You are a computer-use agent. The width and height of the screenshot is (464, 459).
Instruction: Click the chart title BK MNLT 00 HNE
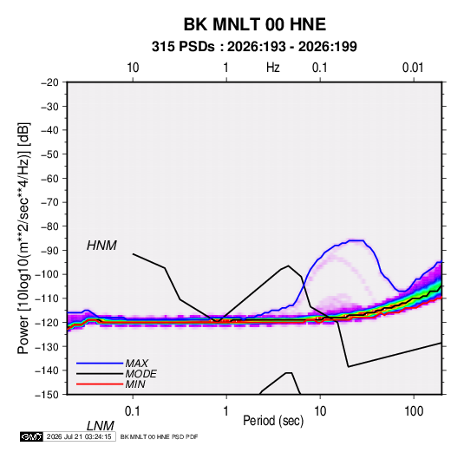(255, 24)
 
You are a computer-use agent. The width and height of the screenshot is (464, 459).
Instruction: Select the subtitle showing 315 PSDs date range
(254, 47)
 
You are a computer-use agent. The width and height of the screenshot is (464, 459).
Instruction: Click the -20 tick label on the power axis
(49, 82)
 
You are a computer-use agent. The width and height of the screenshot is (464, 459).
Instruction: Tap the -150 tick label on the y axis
(48, 395)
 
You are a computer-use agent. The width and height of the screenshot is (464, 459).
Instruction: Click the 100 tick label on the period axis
(414, 411)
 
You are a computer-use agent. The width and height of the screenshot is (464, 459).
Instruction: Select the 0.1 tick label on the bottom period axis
(133, 411)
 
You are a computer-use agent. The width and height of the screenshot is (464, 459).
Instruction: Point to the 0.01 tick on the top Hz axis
(413, 68)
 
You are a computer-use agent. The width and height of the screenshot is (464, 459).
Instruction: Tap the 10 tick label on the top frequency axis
(133, 68)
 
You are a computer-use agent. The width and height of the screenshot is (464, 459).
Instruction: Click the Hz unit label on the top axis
(273, 68)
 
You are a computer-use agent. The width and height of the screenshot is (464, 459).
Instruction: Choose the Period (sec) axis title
(273, 421)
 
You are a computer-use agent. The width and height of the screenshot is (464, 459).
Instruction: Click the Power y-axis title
(23, 238)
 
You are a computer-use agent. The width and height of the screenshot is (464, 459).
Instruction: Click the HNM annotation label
(101, 246)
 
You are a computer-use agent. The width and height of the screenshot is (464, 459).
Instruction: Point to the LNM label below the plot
(101, 426)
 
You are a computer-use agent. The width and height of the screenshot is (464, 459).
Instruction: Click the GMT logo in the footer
(31, 436)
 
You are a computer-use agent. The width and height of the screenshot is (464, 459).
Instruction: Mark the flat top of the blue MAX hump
(356, 240)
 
